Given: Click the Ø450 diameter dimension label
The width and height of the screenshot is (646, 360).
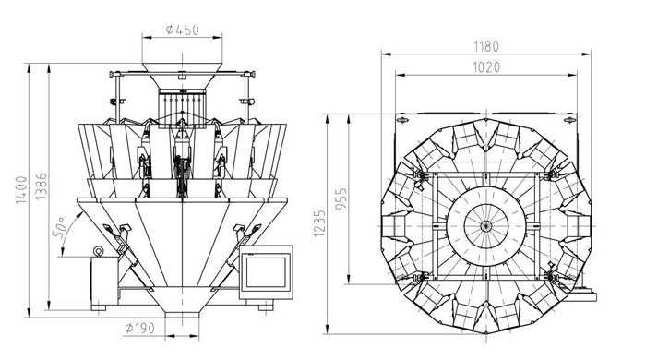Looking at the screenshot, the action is (x=183, y=30).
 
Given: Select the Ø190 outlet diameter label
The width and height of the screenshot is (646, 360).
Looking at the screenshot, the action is (x=140, y=329).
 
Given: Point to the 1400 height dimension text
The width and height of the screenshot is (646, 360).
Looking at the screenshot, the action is (x=21, y=190).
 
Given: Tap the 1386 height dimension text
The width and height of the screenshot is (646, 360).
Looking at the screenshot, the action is (x=41, y=186).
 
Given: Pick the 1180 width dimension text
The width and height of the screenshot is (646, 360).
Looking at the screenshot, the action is (x=486, y=46).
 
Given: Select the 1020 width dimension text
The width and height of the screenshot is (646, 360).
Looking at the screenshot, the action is (x=486, y=67).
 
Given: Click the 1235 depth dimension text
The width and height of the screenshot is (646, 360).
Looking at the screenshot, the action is (x=319, y=223).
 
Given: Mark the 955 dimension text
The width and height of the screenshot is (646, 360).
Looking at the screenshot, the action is (x=341, y=199).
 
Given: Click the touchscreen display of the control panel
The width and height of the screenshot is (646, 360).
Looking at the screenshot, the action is (x=266, y=271).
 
